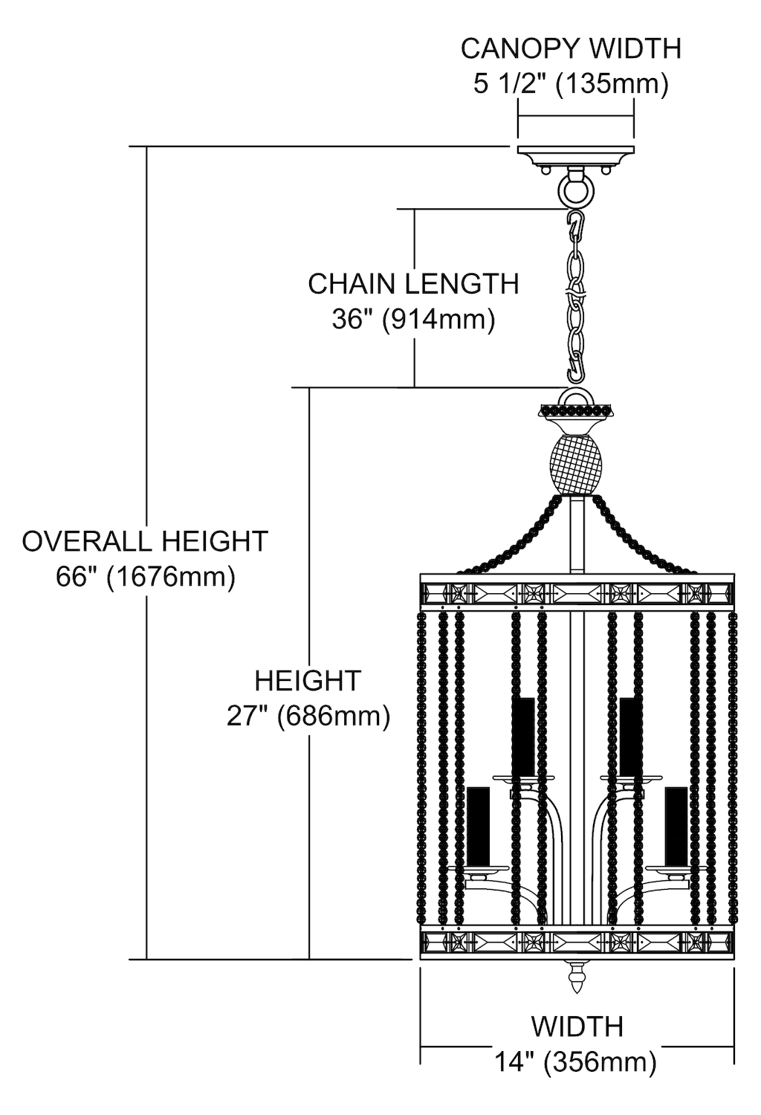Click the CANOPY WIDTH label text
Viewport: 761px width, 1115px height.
tap(571, 48)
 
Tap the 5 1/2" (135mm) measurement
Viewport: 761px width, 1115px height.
tap(571, 83)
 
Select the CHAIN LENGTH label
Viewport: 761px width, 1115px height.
tap(413, 284)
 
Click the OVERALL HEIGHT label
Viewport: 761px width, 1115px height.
tap(145, 541)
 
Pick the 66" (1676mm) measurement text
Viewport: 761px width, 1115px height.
tap(146, 576)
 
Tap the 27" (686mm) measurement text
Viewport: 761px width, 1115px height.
tap(308, 717)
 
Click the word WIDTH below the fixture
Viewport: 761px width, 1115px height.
tap(577, 1027)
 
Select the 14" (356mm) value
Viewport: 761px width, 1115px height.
tap(576, 1061)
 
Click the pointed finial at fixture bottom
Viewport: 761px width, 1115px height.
tap(576, 977)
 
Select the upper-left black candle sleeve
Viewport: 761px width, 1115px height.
tap(524, 736)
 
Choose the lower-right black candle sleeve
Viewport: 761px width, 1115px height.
tap(676, 826)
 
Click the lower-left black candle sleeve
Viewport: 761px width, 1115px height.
tap(479, 826)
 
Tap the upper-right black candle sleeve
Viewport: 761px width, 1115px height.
tap(631, 736)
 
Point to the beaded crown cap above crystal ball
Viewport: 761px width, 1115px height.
tap(576, 411)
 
